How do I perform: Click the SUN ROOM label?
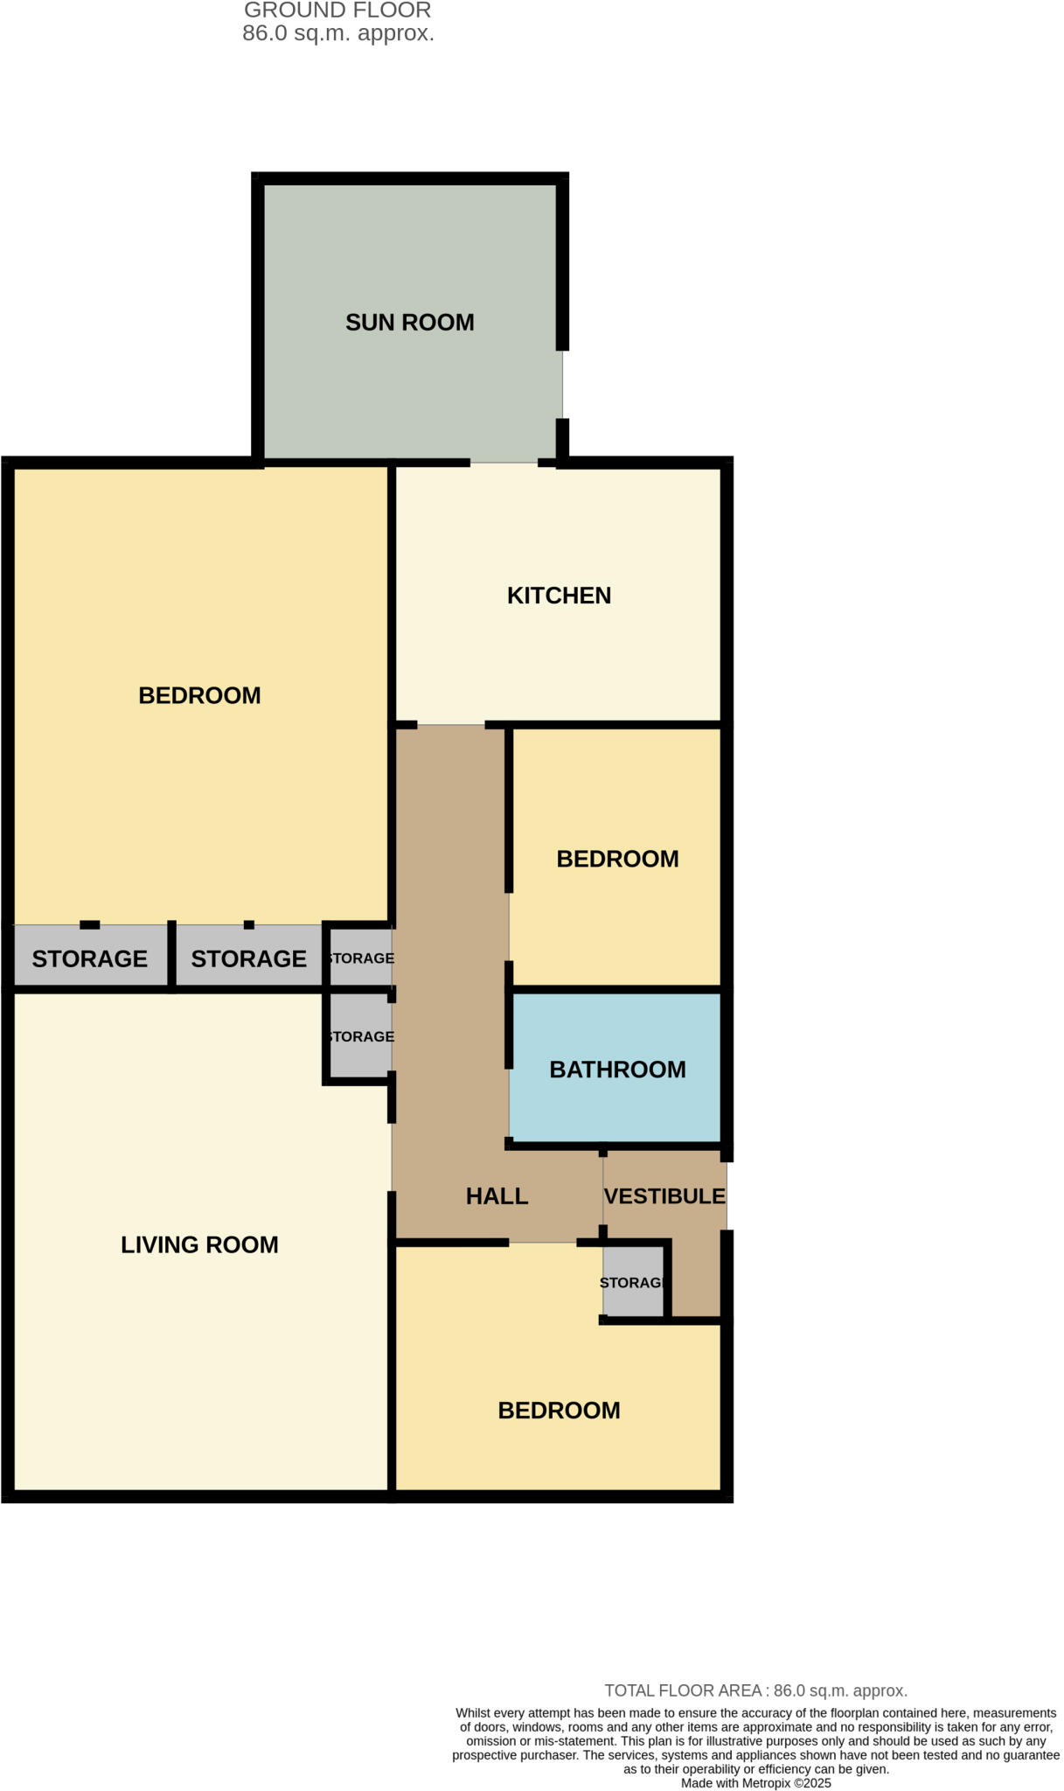(x=409, y=323)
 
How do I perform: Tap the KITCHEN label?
(x=559, y=596)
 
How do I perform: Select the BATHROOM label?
(x=617, y=1070)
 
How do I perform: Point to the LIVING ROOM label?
(x=199, y=1244)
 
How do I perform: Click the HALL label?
(x=497, y=1196)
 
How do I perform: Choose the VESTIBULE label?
(x=664, y=1196)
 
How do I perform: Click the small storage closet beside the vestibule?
(x=633, y=1282)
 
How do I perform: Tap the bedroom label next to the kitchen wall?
(x=199, y=695)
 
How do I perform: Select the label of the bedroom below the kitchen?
(x=617, y=859)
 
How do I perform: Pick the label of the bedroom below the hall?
(x=559, y=1410)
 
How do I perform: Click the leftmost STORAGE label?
(x=89, y=958)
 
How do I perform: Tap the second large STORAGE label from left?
(x=248, y=958)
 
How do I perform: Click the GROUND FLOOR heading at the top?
(x=337, y=10)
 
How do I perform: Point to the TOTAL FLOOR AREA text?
(x=755, y=1690)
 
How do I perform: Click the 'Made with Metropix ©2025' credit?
(x=755, y=1783)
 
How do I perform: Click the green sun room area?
(x=409, y=385)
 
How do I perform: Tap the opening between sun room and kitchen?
(x=504, y=463)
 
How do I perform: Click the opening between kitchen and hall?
(x=450, y=725)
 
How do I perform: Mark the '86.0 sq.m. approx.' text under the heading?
(x=338, y=34)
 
